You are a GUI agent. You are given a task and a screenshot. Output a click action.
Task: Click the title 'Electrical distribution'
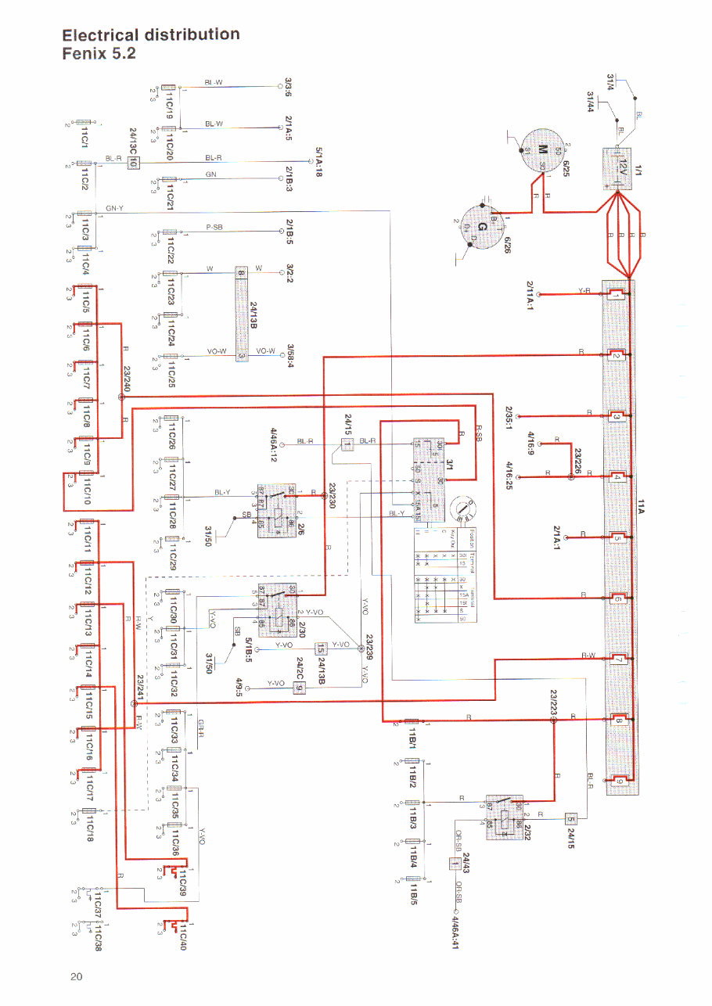(x=150, y=34)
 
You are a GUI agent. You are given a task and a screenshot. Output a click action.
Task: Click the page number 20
(x=75, y=975)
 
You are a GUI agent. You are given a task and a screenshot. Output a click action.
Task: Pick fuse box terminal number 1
(x=616, y=295)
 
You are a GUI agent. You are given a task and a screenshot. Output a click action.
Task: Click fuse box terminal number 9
(x=617, y=781)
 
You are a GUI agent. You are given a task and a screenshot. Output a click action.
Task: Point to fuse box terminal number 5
(x=617, y=537)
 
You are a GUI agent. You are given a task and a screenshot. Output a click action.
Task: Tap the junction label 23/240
(x=127, y=379)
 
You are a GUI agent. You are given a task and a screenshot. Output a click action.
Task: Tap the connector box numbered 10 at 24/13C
(x=133, y=163)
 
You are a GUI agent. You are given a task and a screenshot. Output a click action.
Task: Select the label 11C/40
(x=182, y=935)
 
